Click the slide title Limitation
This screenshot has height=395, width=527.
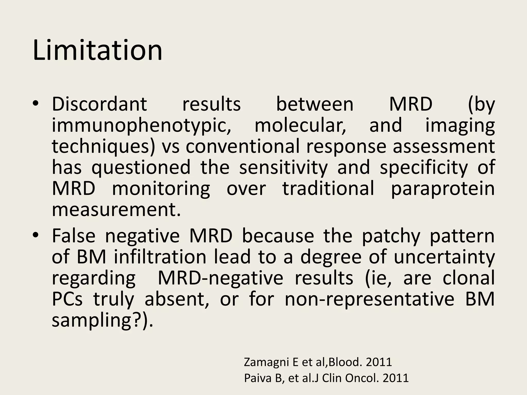click(98, 50)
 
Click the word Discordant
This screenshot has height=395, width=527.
click(99, 104)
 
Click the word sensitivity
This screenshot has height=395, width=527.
click(283, 167)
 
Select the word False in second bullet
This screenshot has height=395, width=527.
click(74, 236)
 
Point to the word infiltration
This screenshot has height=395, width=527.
click(160, 257)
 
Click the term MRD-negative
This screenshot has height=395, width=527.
click(220, 278)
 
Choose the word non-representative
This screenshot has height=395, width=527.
click(370, 299)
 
